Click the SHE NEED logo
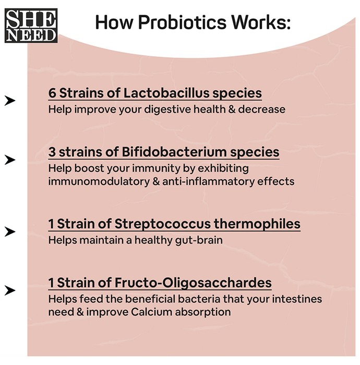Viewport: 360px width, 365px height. [x=31, y=26]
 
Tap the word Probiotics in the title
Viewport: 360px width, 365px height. [x=182, y=22]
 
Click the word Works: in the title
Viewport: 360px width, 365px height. [x=261, y=22]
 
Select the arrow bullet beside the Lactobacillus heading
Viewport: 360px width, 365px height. [x=10, y=101]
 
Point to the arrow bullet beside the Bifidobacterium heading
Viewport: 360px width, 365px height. [x=10, y=160]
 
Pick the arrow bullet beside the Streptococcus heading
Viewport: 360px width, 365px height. [x=10, y=232]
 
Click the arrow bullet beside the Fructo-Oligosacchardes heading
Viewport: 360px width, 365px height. [x=10, y=290]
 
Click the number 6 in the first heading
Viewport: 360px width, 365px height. [x=52, y=93]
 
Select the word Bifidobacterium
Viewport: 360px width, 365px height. [x=174, y=152]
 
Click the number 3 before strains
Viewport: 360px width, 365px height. [x=52, y=152]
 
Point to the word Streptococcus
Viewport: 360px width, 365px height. [x=163, y=224]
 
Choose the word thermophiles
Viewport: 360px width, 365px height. [x=257, y=224]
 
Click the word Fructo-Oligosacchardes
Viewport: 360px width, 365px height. [x=193, y=283]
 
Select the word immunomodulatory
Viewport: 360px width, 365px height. [x=99, y=181]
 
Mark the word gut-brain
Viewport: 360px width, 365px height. [x=199, y=240]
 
